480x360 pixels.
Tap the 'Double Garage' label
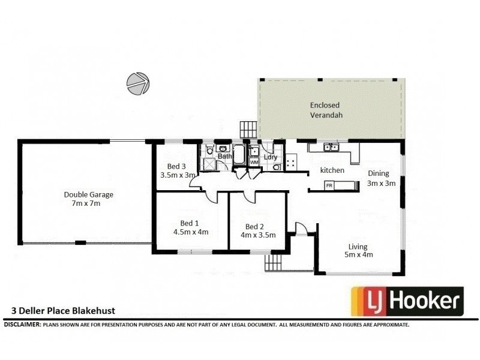coord(88,194)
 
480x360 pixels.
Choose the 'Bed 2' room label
coord(254,226)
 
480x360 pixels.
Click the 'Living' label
coord(358,246)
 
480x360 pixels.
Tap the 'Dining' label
coord(379,174)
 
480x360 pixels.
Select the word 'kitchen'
coord(332,170)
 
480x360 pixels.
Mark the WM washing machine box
coord(254,162)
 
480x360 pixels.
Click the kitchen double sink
coord(331,147)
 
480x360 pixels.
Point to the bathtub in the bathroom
coord(238,154)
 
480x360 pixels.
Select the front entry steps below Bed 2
coord(273,263)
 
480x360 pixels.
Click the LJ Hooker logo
coord(407,301)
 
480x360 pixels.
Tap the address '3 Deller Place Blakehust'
coord(63,311)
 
